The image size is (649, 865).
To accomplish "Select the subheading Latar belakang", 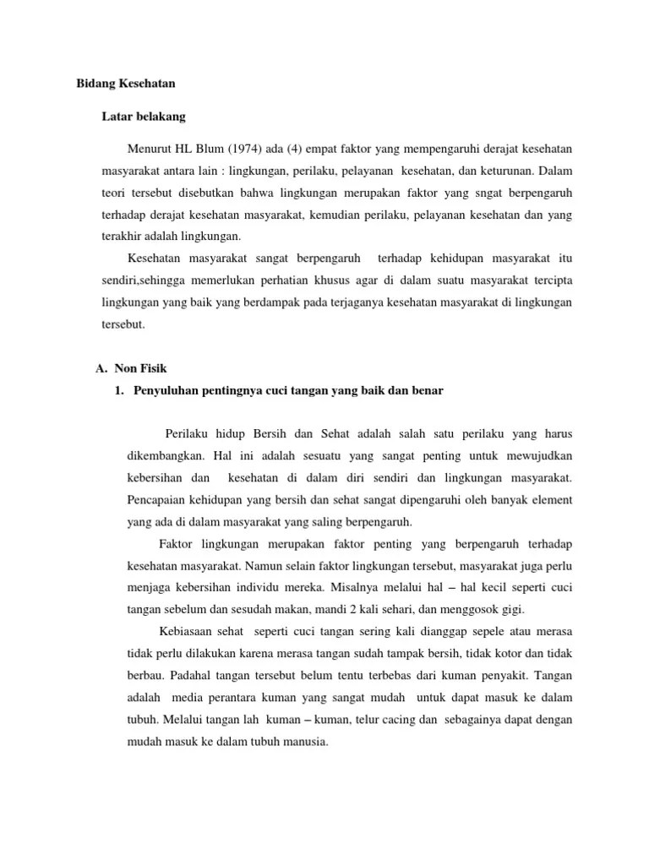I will (144, 115).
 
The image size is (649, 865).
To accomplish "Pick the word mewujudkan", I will (537, 454).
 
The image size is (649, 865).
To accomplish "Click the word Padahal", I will (192, 676).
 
